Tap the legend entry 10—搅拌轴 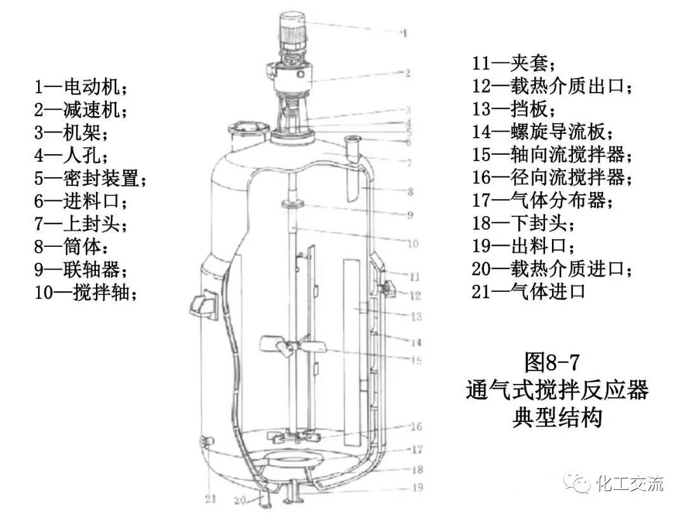point(86,293)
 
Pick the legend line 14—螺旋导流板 point(543,132)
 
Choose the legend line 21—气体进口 point(528,292)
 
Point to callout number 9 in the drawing point(410,215)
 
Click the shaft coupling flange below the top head point(292,204)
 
